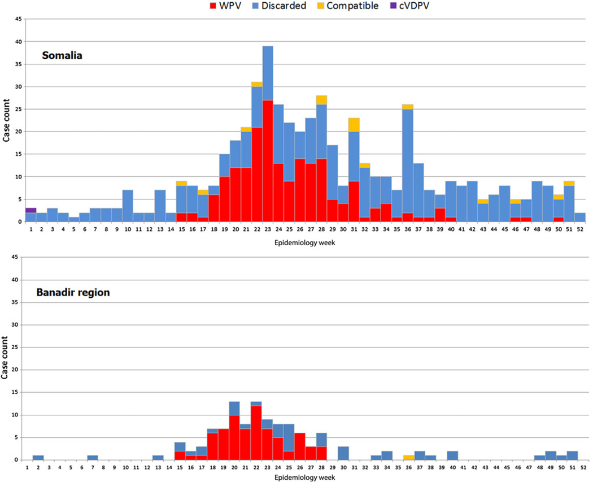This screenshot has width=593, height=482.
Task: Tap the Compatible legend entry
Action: pos(347,6)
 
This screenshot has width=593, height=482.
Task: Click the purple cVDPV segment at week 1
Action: pos(31,210)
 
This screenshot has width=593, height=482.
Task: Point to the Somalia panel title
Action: pos(63,56)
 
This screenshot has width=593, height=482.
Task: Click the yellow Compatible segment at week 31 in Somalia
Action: pos(354,125)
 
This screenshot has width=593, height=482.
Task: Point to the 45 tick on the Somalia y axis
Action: pos(18,20)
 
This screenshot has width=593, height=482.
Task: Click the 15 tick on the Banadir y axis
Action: pos(18,393)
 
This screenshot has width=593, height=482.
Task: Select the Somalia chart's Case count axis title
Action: pos(6,120)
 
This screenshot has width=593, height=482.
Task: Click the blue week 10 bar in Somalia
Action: pos(128,206)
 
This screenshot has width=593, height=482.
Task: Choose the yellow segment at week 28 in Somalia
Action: pos(322,100)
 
